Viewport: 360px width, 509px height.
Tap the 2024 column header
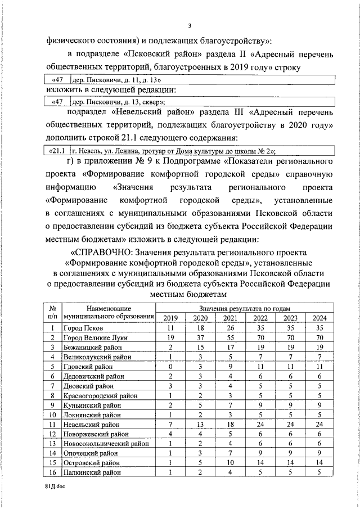tap(319, 318)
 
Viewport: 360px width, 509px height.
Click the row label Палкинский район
tap(91, 473)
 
